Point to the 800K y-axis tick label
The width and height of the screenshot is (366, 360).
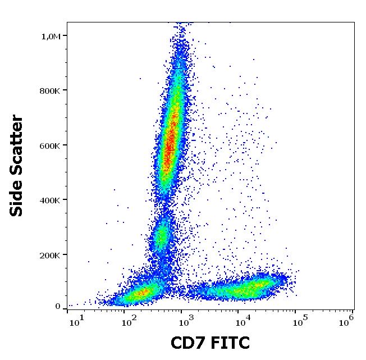[x=49, y=90]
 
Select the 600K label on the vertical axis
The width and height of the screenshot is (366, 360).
[x=49, y=145]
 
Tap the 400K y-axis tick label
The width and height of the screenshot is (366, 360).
[x=49, y=200]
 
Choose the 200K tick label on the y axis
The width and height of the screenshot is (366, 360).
[x=49, y=255]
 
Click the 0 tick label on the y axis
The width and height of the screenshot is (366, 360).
[x=58, y=306]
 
